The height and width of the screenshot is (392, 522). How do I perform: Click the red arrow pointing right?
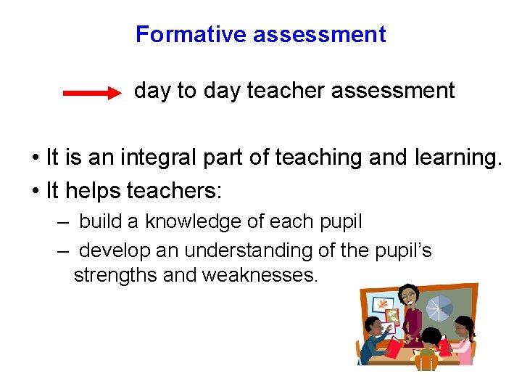(x=92, y=93)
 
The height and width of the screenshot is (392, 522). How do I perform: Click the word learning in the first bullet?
(x=457, y=157)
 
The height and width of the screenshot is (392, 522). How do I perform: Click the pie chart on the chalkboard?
(x=440, y=307)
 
